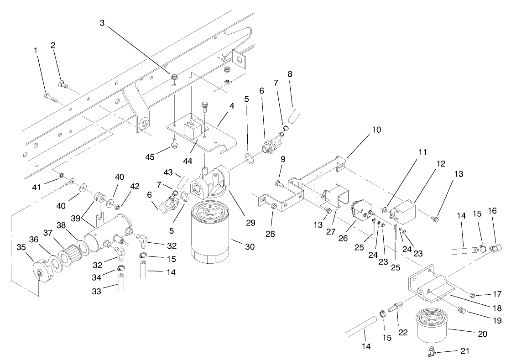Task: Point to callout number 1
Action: click(x=36, y=50)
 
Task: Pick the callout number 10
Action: click(x=376, y=130)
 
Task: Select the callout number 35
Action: click(x=21, y=247)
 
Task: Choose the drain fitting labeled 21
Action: click(x=432, y=351)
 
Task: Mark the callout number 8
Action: click(x=289, y=73)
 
